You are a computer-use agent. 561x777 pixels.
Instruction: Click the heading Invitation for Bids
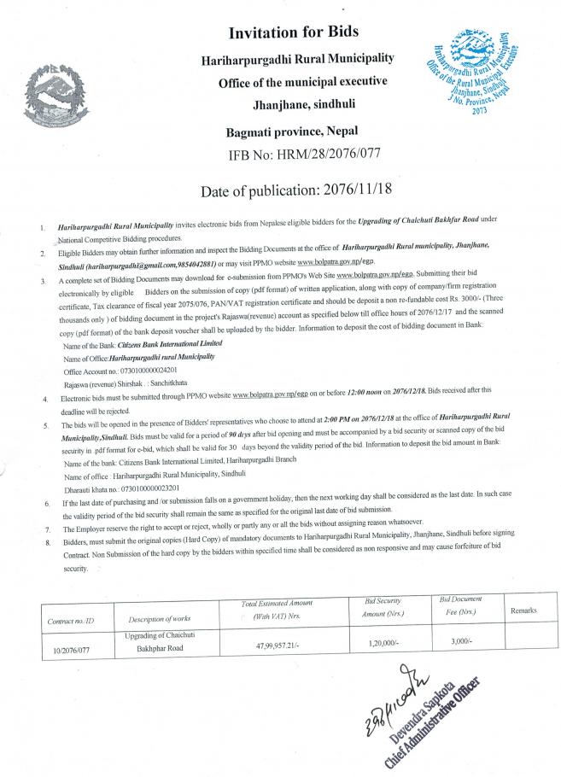[x=292, y=33]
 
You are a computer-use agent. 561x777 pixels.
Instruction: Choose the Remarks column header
[x=523, y=611]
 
